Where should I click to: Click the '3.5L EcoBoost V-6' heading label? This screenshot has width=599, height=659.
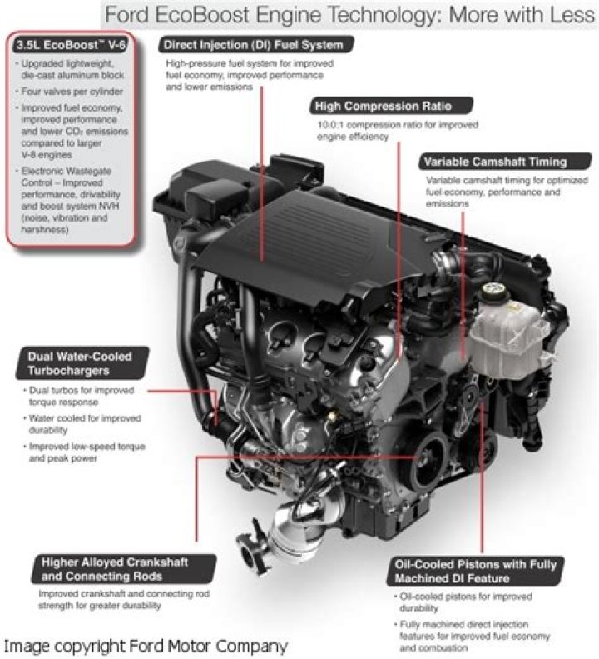point(71,44)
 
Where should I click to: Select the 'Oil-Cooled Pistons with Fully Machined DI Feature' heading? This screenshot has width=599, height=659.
point(475,572)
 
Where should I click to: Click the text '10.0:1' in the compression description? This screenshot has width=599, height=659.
point(330,125)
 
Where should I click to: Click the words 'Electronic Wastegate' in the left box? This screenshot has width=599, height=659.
point(67,171)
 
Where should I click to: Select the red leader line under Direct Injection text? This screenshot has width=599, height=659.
point(261,174)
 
